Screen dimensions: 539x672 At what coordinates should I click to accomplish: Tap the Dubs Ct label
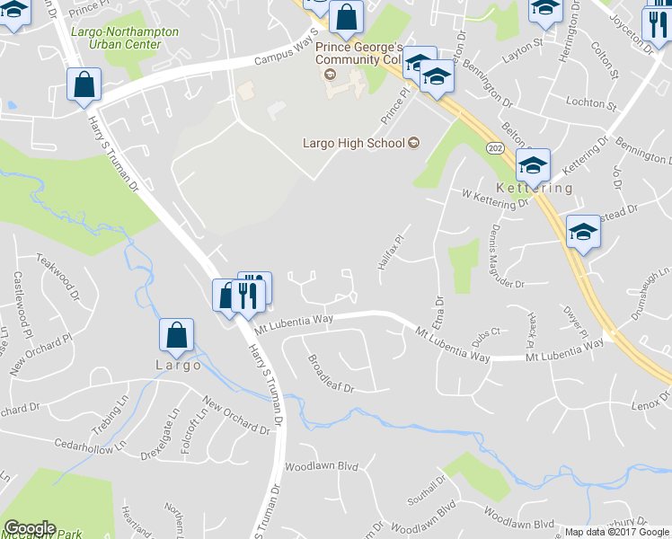point(485,337)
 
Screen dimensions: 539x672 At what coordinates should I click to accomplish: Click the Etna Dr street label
point(439,314)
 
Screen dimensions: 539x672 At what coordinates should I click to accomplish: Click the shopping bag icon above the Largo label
point(177,336)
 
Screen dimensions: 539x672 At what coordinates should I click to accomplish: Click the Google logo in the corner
point(30,528)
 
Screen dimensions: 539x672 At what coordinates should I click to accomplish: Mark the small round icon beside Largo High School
point(414,143)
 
